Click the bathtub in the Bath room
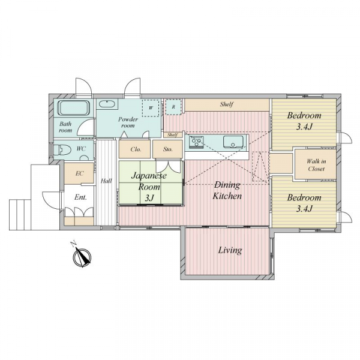[x=73, y=108]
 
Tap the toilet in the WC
[x=60, y=149]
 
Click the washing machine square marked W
[x=151, y=108]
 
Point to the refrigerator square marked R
[x=173, y=107]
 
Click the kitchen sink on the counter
[x=233, y=142]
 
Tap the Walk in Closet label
[x=316, y=165]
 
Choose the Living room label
[x=230, y=250]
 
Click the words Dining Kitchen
[x=227, y=190]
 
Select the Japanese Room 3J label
[x=149, y=187]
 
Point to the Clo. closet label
[x=136, y=149]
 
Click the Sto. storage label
[x=168, y=149]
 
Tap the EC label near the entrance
[x=79, y=173]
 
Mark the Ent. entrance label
[x=80, y=197]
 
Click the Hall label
[x=106, y=181]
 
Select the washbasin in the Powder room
[x=107, y=104]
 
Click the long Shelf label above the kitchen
[x=227, y=104]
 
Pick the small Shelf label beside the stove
[x=172, y=135]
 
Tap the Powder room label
[x=128, y=122]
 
